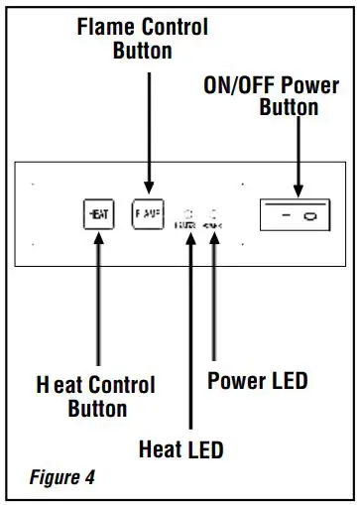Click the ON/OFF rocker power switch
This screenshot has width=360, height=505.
[295, 215]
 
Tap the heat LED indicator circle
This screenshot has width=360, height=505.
[188, 213]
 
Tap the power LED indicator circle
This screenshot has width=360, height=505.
[214, 213]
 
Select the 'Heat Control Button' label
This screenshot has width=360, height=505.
[97, 395]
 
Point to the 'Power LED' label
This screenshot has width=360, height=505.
[257, 381]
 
